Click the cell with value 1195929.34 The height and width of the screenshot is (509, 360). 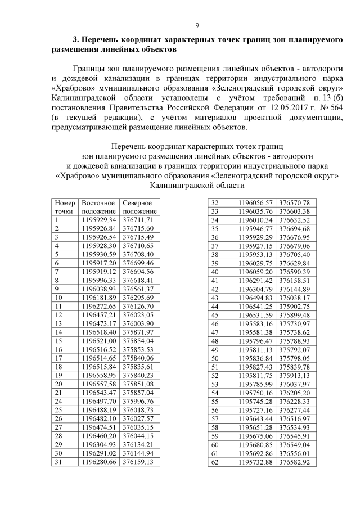click(x=99, y=219)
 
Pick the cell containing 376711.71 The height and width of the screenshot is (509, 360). click(x=138, y=219)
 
